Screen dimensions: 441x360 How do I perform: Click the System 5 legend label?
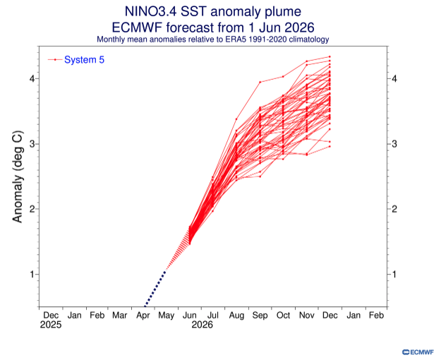pyautogui.click(x=84, y=60)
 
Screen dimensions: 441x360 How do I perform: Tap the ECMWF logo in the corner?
pyautogui.click(x=418, y=352)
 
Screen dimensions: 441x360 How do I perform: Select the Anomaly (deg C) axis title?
pyautogui.click(x=18, y=176)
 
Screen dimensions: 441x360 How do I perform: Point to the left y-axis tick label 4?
pyautogui.click(x=32, y=78)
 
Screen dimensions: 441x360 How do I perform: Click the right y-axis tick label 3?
pyautogui.click(x=394, y=143)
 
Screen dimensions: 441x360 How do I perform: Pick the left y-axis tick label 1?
pyautogui.click(x=32, y=274)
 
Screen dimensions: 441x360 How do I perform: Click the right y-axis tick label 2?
pyautogui.click(x=394, y=209)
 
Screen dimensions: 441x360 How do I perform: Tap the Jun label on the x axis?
pyautogui.click(x=190, y=316)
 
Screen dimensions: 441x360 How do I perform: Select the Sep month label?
pyautogui.click(x=260, y=316)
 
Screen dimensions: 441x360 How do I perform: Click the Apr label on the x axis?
pyautogui.click(x=143, y=316)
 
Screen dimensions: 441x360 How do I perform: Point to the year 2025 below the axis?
pyautogui.click(x=51, y=325)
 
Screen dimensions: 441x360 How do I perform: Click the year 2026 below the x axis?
pyautogui.click(x=203, y=325)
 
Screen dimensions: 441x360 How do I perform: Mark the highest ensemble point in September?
pyautogui.click(x=260, y=82)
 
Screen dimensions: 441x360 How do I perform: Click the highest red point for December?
pyautogui.click(x=330, y=56)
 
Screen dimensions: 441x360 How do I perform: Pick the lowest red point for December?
pyautogui.click(x=330, y=146)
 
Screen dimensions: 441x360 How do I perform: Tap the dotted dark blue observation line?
pyautogui.click(x=155, y=289)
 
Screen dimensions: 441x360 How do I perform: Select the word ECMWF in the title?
pyautogui.click(x=138, y=28)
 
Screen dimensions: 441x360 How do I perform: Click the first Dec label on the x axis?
pyautogui.click(x=51, y=316)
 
